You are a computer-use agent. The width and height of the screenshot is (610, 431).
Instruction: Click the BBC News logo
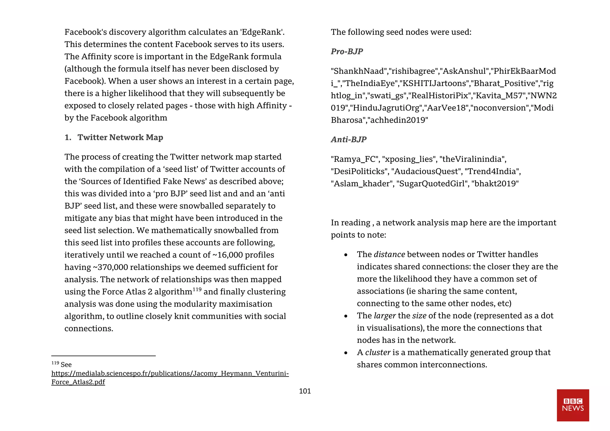[573, 405]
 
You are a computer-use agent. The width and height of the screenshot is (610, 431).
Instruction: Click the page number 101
[305, 391]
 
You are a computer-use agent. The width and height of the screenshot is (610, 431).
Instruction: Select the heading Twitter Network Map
[120, 137]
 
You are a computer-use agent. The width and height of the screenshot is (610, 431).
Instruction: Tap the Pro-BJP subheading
[347, 51]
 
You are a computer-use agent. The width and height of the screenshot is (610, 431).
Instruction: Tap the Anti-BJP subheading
[348, 139]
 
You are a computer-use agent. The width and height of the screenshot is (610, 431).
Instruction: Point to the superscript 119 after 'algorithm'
[197, 289]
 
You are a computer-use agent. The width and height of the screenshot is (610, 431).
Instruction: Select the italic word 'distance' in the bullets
[389, 254]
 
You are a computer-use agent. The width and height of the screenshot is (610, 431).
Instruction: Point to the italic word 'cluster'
[378, 352]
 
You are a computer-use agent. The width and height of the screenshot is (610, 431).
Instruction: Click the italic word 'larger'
[385, 316]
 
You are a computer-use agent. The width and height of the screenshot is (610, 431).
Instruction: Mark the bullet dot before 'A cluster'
[346, 353]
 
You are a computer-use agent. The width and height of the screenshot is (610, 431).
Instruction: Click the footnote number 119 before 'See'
[55, 363]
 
